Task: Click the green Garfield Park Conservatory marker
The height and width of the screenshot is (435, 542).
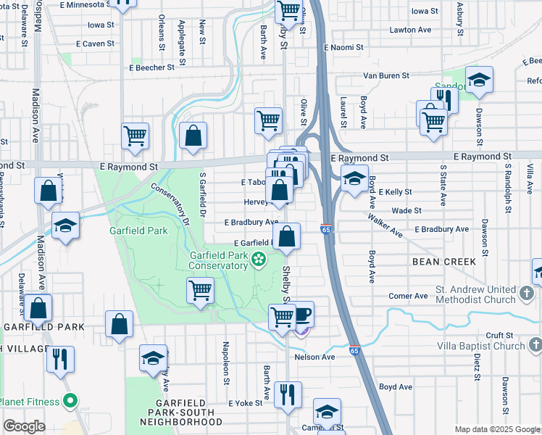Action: coord(259,257)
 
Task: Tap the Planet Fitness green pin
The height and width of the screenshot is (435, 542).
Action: coord(70,400)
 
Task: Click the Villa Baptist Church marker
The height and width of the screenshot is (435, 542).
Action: coord(534,345)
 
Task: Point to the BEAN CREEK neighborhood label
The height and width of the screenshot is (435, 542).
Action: coord(444,261)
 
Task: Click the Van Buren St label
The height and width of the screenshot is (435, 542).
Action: coord(386,75)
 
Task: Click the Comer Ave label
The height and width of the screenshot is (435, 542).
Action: coord(408,296)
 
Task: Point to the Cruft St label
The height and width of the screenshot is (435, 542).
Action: coord(499,334)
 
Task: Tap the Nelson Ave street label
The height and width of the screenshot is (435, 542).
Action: coord(314,357)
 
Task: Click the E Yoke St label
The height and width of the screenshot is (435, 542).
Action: coord(243,403)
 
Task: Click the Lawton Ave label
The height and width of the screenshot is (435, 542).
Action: coord(412,30)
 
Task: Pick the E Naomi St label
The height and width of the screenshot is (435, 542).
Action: coord(343,47)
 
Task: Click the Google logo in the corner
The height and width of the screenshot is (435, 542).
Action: coord(24,426)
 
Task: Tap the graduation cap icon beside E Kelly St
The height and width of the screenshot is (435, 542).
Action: coord(354,178)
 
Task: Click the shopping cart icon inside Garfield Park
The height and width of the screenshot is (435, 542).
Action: coord(201,290)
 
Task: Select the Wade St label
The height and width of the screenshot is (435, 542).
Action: coord(406,211)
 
